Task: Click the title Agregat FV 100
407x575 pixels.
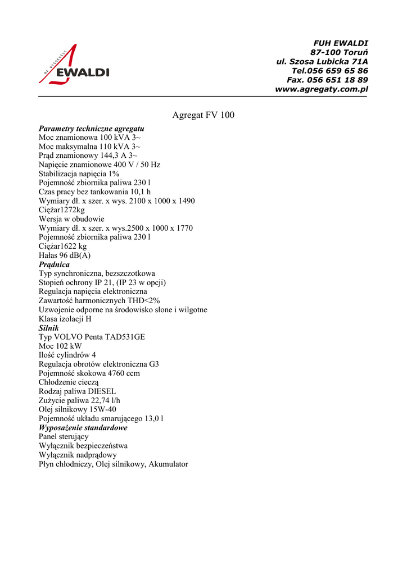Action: (x=203, y=115)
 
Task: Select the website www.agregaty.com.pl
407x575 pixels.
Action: (x=321, y=89)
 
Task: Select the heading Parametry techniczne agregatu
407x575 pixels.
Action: (x=91, y=129)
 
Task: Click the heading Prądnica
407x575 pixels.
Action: (x=54, y=264)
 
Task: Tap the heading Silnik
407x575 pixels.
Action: (x=48, y=327)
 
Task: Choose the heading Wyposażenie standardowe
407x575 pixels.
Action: (x=83, y=427)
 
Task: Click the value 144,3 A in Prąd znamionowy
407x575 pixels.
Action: (x=114, y=156)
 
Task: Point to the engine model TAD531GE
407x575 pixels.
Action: (x=125, y=337)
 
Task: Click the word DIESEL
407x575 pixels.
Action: (x=102, y=391)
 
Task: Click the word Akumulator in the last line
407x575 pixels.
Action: (x=168, y=464)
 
